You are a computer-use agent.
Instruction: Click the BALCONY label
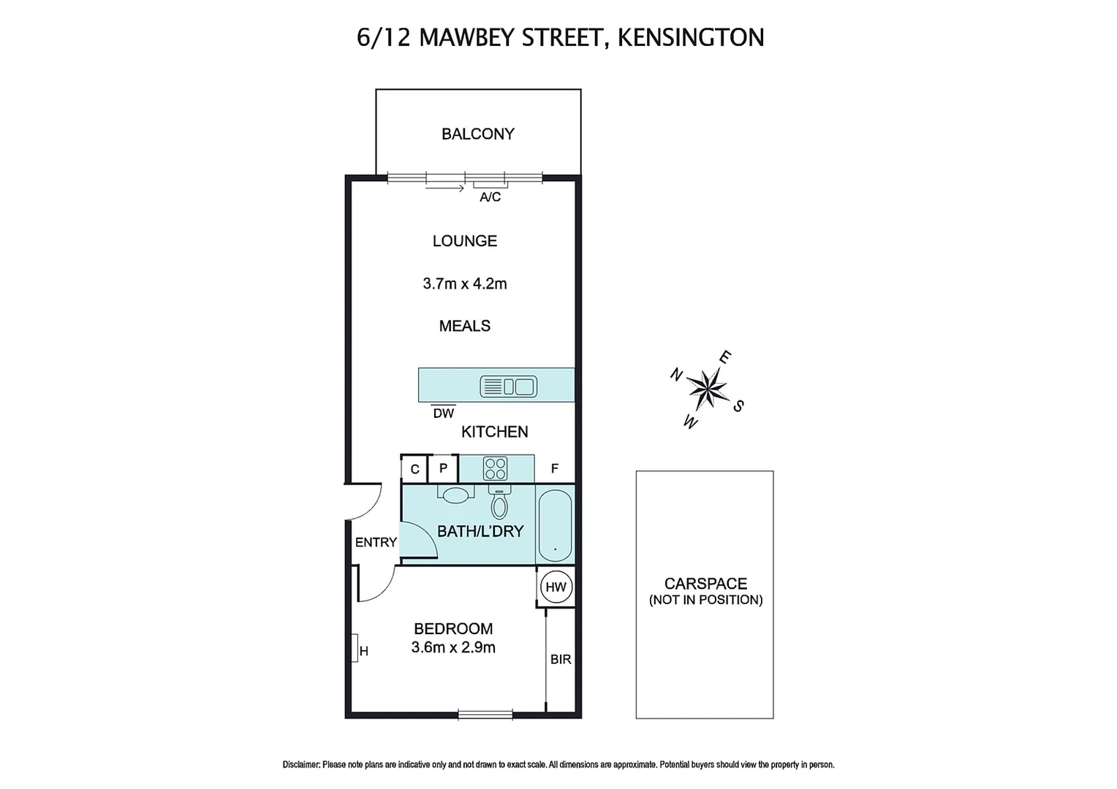click(x=477, y=134)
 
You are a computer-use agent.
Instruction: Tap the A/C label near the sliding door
click(x=490, y=197)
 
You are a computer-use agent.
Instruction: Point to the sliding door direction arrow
click(x=444, y=188)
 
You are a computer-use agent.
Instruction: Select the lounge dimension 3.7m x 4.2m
click(x=464, y=283)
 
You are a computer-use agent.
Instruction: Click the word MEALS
click(x=464, y=326)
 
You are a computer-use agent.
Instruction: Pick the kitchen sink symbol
click(x=508, y=386)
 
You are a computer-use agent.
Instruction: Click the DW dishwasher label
click(x=443, y=413)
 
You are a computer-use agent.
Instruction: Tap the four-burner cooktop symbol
click(x=495, y=468)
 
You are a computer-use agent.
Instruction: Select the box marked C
click(x=414, y=469)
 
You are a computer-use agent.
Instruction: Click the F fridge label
click(x=554, y=469)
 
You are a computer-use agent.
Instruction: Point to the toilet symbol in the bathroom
click(x=499, y=502)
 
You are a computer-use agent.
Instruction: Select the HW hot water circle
click(x=556, y=587)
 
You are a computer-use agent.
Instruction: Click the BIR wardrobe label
click(x=561, y=660)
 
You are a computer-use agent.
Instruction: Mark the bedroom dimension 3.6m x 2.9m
click(x=453, y=647)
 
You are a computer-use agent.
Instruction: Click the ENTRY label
click(x=376, y=542)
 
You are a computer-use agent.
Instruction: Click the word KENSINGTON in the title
click(x=691, y=37)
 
